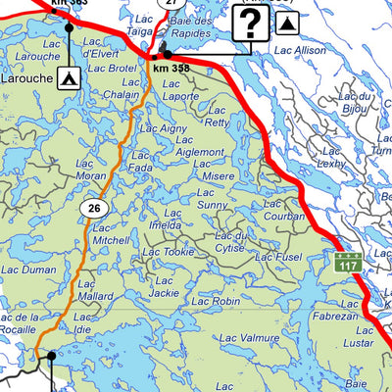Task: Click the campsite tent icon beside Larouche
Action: coord(69,75)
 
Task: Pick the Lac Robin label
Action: coord(216,302)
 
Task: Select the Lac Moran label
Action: coord(91,169)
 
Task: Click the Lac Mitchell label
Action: coord(110,233)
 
